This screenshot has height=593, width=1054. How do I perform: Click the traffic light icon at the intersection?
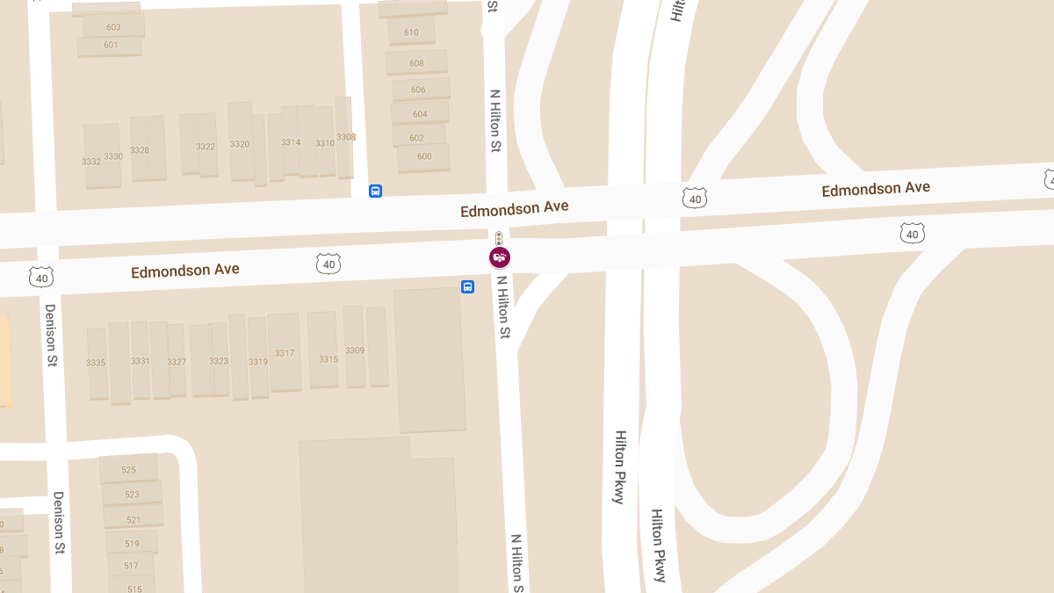coord(499,238)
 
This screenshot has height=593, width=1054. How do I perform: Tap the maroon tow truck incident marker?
coord(500,257)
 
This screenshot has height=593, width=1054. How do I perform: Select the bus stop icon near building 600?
coord(375,191)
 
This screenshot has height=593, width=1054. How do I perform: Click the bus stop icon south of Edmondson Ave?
coord(467,286)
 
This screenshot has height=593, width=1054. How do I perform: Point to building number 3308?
coord(346,137)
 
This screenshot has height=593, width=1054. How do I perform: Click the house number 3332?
coord(90,162)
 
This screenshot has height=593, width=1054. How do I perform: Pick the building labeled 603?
coord(113,27)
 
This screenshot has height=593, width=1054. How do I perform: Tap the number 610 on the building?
coord(411,33)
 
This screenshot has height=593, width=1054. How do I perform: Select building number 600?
coord(424,156)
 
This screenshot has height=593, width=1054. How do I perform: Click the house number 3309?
coord(355,351)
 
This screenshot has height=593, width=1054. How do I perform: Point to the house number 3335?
coord(96,363)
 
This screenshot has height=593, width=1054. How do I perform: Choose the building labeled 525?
coord(129,470)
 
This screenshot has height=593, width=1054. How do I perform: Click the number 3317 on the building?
coord(285,353)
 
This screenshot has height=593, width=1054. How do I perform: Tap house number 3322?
coord(206,147)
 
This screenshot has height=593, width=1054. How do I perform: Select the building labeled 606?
coord(418,90)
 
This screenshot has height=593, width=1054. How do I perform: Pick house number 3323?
coord(219,361)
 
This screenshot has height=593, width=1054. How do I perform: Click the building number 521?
coord(134,520)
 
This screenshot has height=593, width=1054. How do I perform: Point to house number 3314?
coord(291,142)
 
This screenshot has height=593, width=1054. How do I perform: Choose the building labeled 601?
coord(111,45)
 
